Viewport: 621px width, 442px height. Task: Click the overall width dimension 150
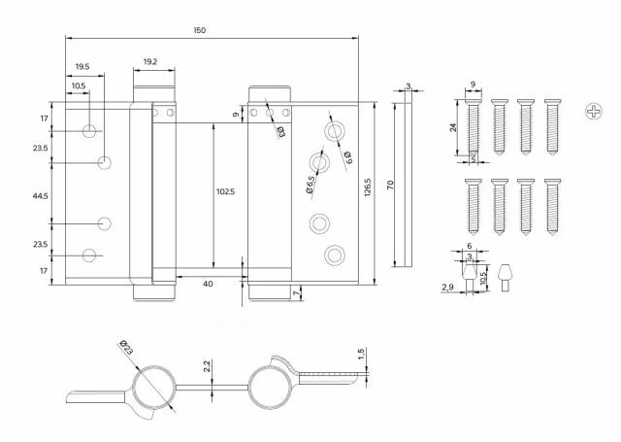click(x=199, y=31)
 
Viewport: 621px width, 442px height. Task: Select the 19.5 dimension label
click(x=82, y=67)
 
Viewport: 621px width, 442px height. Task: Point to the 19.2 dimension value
click(x=150, y=61)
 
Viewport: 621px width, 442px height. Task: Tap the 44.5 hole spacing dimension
click(x=39, y=195)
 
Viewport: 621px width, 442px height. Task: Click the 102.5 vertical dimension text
click(x=225, y=191)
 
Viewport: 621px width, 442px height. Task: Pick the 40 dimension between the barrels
click(x=208, y=284)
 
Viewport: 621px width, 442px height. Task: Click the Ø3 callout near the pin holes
click(x=279, y=131)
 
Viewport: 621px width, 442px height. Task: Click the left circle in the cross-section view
click(x=153, y=390)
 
